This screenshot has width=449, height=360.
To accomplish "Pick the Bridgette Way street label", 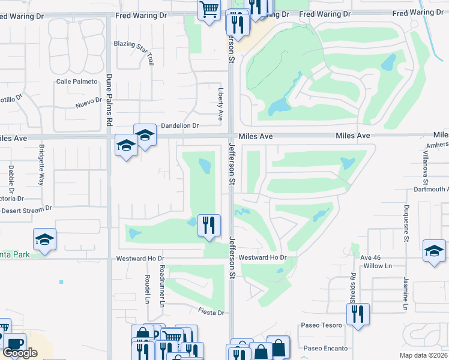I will pyautogui.click(x=41, y=165).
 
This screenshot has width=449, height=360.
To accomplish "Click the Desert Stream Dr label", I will pyautogui.click(x=26, y=210).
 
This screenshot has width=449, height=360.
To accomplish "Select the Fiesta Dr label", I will pyautogui.click(x=212, y=313).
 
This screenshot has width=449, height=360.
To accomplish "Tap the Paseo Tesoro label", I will pyautogui.click(x=322, y=325).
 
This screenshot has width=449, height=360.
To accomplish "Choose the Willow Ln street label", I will pyautogui.click(x=378, y=265).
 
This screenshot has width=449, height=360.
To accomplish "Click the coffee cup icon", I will pyautogui.click(x=14, y=344).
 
